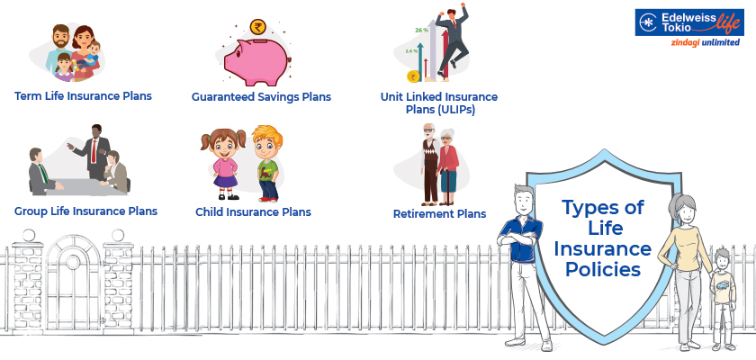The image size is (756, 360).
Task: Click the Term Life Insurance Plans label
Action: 83,96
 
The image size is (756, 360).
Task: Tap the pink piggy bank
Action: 256,62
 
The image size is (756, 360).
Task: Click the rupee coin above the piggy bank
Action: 258,27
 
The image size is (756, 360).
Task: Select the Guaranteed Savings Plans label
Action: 261,97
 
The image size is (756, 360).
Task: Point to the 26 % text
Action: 421,30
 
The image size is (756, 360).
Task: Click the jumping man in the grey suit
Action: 452,41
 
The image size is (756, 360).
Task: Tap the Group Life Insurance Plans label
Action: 85,211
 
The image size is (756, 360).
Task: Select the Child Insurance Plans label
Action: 253,212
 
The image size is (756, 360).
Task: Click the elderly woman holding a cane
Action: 448,166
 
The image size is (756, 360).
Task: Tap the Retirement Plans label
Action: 440,213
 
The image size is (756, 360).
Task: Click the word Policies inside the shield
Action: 603,269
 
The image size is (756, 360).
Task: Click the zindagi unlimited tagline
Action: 705,42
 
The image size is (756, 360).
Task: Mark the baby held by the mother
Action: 91,56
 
